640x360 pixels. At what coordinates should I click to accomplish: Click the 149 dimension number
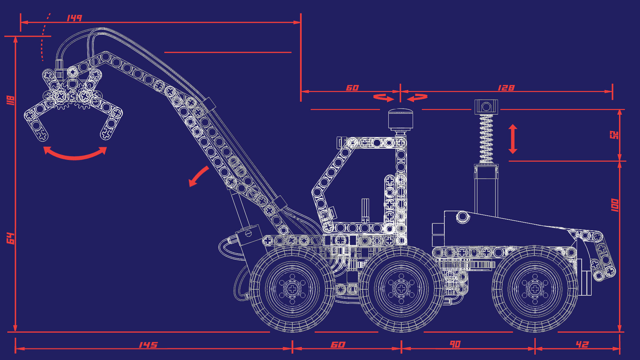point(74,18)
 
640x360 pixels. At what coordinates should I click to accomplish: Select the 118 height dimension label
point(10,100)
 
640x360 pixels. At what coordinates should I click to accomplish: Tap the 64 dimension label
point(11,238)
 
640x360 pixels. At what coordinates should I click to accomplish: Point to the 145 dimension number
point(148,345)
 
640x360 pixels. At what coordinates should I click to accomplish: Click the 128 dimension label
point(506,88)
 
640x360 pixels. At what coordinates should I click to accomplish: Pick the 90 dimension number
point(455,344)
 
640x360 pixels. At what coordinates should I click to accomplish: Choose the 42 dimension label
point(582,344)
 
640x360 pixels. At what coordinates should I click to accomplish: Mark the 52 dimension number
point(614,135)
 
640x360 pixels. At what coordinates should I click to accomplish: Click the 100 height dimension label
point(615,205)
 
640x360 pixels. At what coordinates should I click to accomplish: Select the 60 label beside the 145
point(338,344)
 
